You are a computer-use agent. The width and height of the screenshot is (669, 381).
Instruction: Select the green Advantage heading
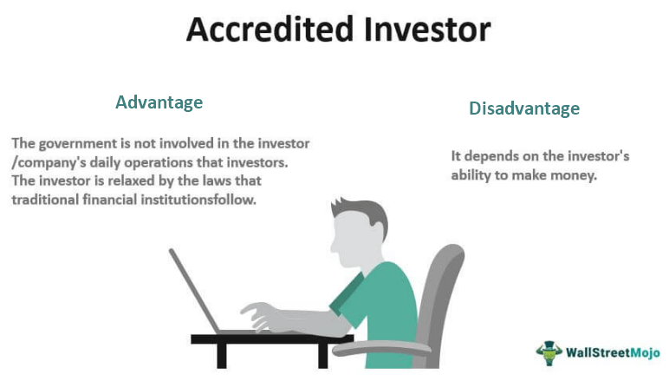point(159,102)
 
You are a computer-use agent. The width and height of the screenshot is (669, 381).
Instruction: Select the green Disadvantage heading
point(523,108)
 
